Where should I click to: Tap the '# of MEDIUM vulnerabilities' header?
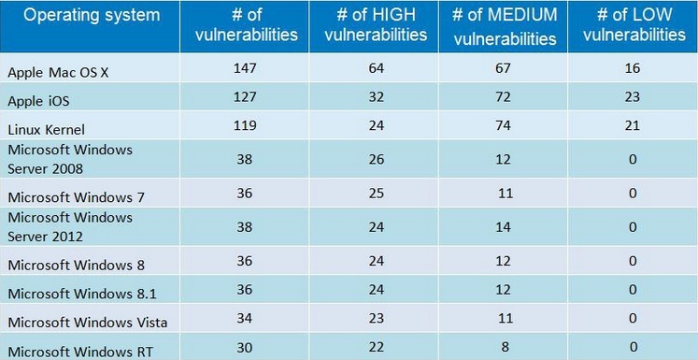[505, 25]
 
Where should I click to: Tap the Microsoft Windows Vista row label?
[87, 322]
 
